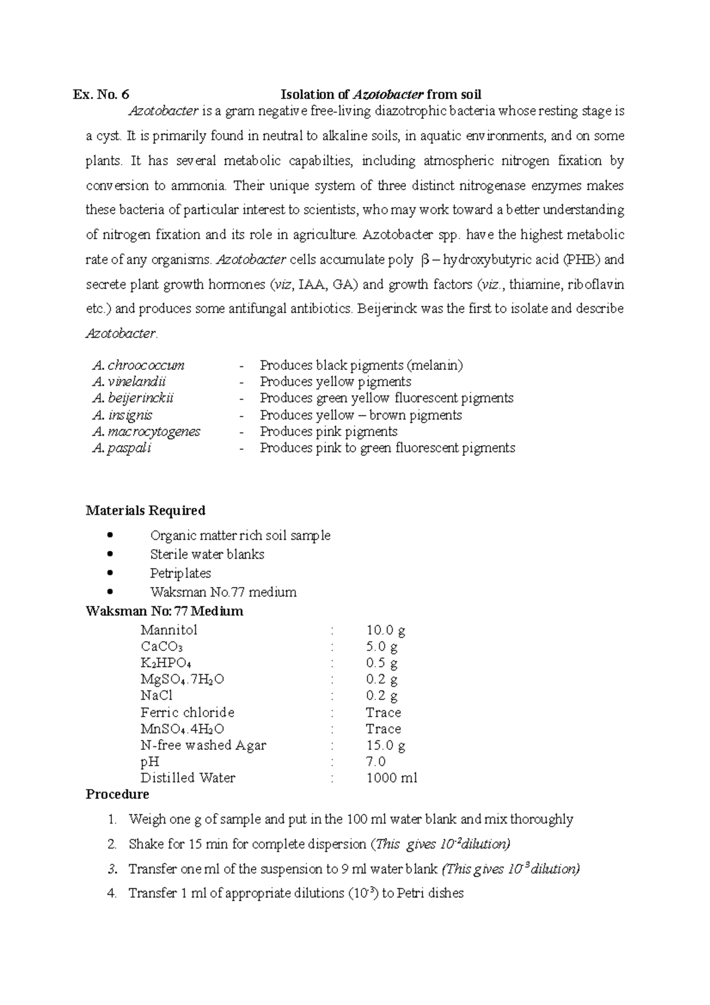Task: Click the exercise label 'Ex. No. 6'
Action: click(101, 95)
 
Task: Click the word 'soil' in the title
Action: click(470, 95)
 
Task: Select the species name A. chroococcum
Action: click(139, 365)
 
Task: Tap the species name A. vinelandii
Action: click(130, 382)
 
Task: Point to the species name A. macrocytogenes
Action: click(147, 431)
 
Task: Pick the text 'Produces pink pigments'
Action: click(328, 431)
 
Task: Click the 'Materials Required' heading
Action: click(146, 510)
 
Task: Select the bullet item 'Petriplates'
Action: click(180, 574)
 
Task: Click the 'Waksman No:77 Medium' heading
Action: click(164, 611)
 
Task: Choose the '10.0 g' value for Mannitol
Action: click(386, 630)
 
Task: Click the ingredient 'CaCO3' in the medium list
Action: click(162, 647)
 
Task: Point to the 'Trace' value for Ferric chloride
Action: click(383, 713)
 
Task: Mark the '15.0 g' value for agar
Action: click(386, 746)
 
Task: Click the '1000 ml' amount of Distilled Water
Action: click(392, 778)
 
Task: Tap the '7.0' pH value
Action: click(376, 762)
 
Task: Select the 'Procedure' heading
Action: click(117, 794)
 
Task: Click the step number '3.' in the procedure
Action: click(113, 869)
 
